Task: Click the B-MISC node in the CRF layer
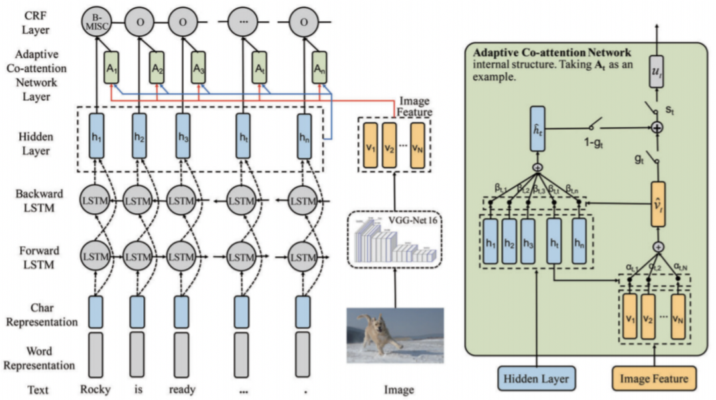pos(96,23)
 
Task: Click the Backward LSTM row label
pos(39,201)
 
